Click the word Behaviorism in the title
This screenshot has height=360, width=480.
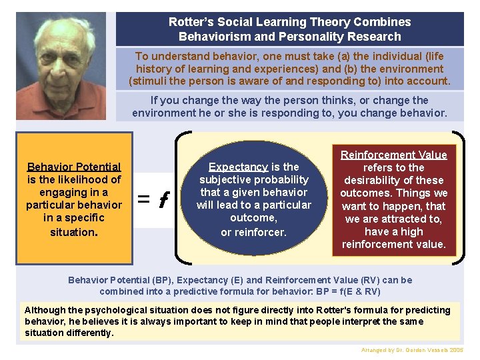tap(210, 37)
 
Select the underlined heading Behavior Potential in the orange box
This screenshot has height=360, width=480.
tap(74, 167)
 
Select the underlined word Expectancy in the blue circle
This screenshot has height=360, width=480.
tap(238, 167)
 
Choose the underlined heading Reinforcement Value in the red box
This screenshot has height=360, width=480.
tap(393, 155)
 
